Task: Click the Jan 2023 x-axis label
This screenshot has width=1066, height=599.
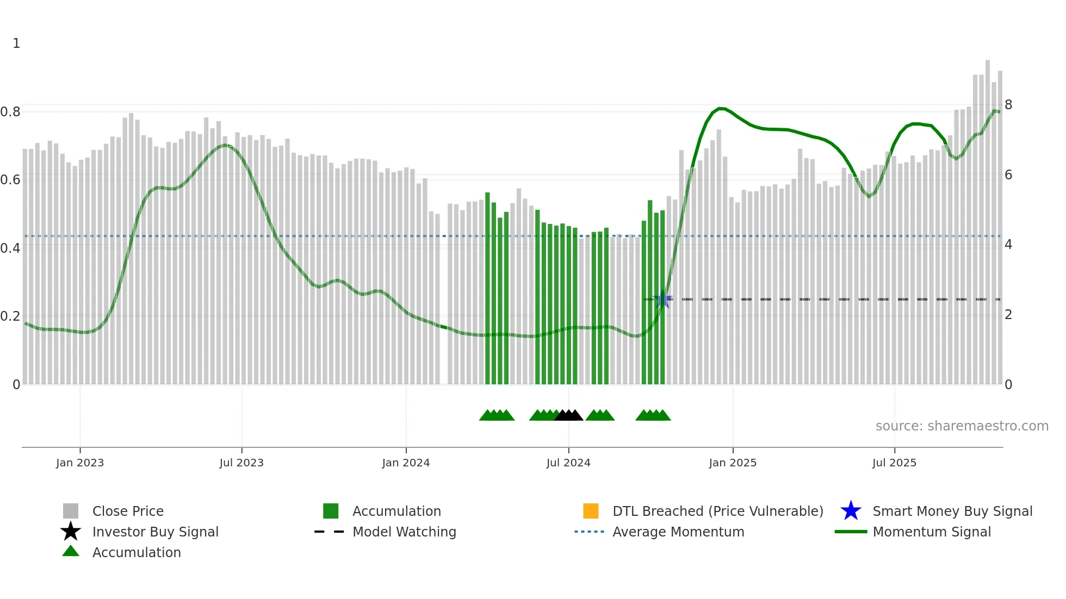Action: [80, 463]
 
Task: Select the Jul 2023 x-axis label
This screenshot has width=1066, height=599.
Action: [241, 463]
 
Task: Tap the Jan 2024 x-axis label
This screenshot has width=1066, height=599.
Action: [406, 463]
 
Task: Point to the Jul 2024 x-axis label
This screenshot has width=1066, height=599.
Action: [568, 463]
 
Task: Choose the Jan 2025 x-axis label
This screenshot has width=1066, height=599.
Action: [733, 463]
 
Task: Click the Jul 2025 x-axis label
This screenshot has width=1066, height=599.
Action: [894, 463]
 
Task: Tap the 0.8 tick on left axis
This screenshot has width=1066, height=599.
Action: [10, 112]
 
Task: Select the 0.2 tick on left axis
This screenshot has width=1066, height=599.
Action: [10, 316]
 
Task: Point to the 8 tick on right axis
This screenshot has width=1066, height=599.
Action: [1008, 105]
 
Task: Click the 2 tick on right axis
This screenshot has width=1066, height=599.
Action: [1008, 315]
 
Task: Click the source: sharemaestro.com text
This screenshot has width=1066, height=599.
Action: [962, 426]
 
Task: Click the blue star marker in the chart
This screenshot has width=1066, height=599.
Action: [662, 299]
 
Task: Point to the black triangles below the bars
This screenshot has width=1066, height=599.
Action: [568, 416]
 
